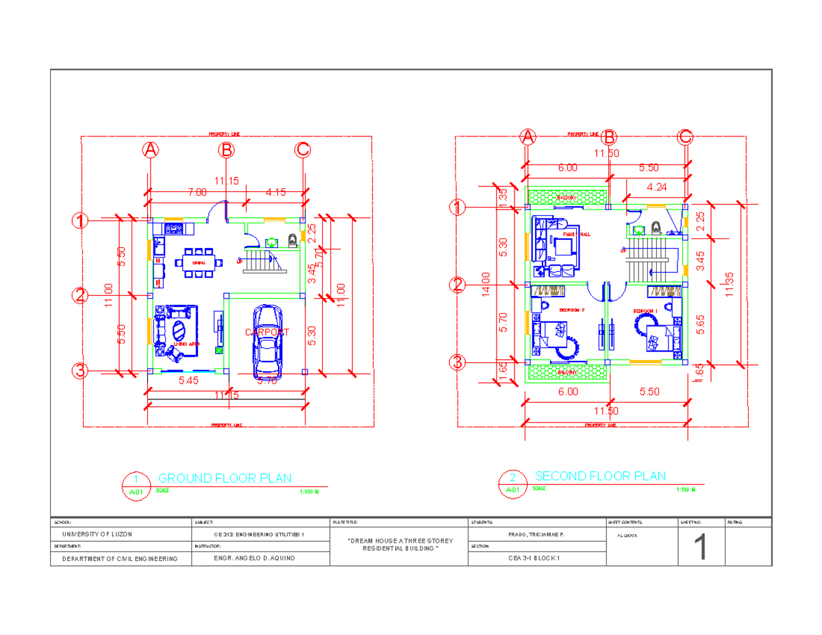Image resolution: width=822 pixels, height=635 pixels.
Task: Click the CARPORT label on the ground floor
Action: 267,332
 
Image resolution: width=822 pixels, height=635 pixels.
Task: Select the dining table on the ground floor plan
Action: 199,262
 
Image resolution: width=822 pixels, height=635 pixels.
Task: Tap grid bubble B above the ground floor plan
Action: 227,149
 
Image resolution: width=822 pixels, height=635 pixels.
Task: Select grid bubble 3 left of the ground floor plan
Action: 81,372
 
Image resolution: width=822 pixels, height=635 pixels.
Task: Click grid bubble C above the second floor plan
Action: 685,137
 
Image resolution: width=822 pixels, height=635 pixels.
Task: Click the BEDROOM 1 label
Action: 645,311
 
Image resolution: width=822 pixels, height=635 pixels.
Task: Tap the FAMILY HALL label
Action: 576,234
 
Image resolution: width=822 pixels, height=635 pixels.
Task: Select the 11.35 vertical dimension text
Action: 731,285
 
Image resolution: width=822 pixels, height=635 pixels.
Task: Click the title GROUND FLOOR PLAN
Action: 225,478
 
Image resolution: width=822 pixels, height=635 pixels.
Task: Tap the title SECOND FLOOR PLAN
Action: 600,476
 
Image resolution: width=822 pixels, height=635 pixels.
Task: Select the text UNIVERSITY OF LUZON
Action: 98,534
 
